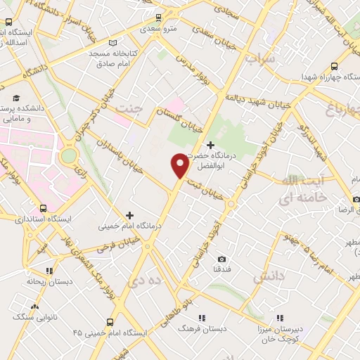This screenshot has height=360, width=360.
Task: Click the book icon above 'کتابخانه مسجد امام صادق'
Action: tap(114, 43)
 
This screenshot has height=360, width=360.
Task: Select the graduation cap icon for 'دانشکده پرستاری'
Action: tap(16, 98)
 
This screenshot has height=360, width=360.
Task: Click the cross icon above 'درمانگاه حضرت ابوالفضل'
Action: tap(210, 144)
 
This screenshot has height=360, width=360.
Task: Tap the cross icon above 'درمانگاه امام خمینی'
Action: tap(129, 214)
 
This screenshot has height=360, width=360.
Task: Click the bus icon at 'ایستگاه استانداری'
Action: tap(44, 208)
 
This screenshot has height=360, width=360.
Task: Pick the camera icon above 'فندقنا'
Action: tap(222, 259)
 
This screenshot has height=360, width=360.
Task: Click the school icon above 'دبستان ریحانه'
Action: tap(49, 270)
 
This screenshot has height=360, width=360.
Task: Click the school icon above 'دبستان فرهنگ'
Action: tap(202, 317)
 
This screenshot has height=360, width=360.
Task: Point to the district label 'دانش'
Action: tap(273, 277)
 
